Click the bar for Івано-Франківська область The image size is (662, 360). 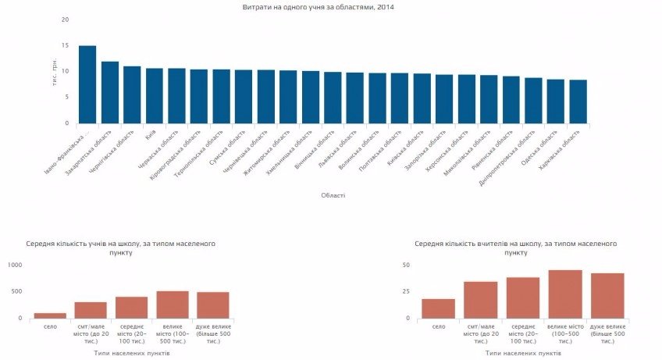click(x=87, y=84)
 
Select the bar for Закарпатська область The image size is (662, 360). click(x=110, y=92)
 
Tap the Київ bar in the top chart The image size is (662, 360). click(x=155, y=95)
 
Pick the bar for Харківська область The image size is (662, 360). click(x=578, y=102)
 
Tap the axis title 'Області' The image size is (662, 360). click(x=333, y=195)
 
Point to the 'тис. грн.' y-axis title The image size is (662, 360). click(x=55, y=72)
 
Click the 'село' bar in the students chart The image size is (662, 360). click(x=50, y=315)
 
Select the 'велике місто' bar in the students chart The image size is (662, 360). click(x=173, y=305)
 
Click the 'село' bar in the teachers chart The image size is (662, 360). click(x=438, y=308)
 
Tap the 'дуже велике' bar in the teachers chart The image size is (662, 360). click(x=607, y=295)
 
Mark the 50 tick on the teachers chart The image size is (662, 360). click(x=405, y=266)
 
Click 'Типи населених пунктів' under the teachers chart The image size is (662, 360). click(x=521, y=353)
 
